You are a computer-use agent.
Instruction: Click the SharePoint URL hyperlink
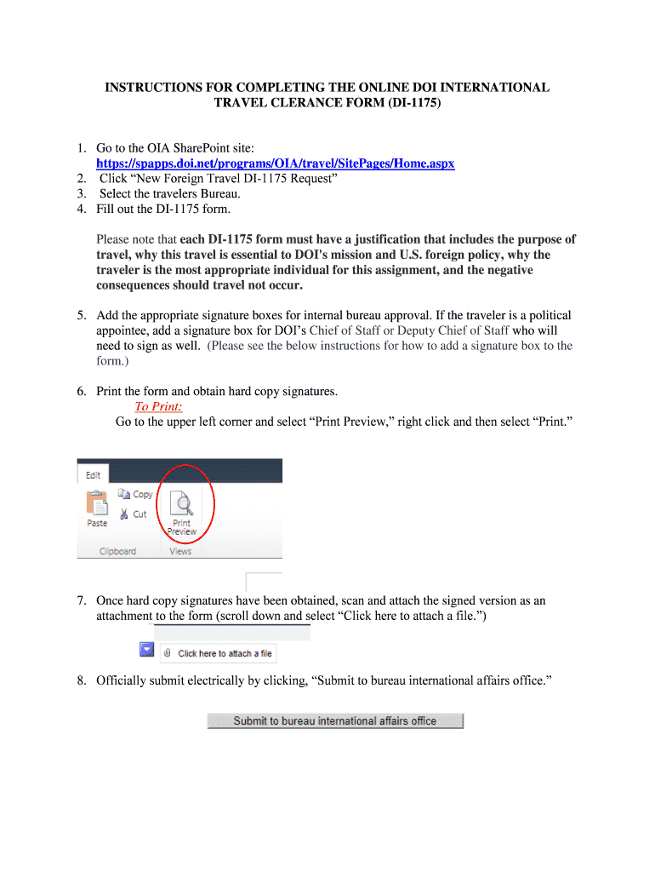click(275, 163)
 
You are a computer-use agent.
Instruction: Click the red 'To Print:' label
click(158, 406)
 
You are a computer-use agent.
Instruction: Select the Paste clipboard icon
click(98, 508)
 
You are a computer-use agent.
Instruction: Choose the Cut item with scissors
click(134, 514)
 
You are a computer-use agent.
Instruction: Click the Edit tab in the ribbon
click(93, 475)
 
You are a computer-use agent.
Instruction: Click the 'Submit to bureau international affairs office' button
click(335, 720)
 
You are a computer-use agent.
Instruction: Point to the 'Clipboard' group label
click(117, 551)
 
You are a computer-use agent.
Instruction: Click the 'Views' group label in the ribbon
click(180, 551)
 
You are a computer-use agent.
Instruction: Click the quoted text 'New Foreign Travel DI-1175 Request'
click(219, 178)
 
